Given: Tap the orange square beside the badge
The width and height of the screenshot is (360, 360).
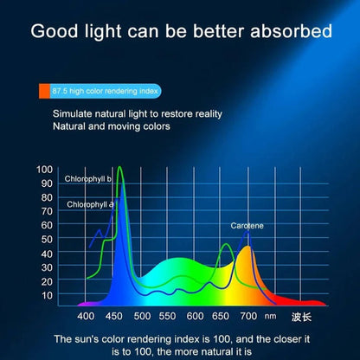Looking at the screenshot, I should click(42, 89).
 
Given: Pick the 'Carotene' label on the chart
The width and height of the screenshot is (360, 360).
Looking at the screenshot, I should click(247, 226).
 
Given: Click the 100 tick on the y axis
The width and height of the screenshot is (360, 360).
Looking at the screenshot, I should click(45, 169).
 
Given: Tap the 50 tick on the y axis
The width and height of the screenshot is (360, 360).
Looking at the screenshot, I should click(48, 239).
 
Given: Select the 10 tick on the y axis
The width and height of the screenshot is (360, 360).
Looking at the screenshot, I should click(48, 294).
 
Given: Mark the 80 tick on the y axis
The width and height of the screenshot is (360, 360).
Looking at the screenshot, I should click(48, 197).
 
